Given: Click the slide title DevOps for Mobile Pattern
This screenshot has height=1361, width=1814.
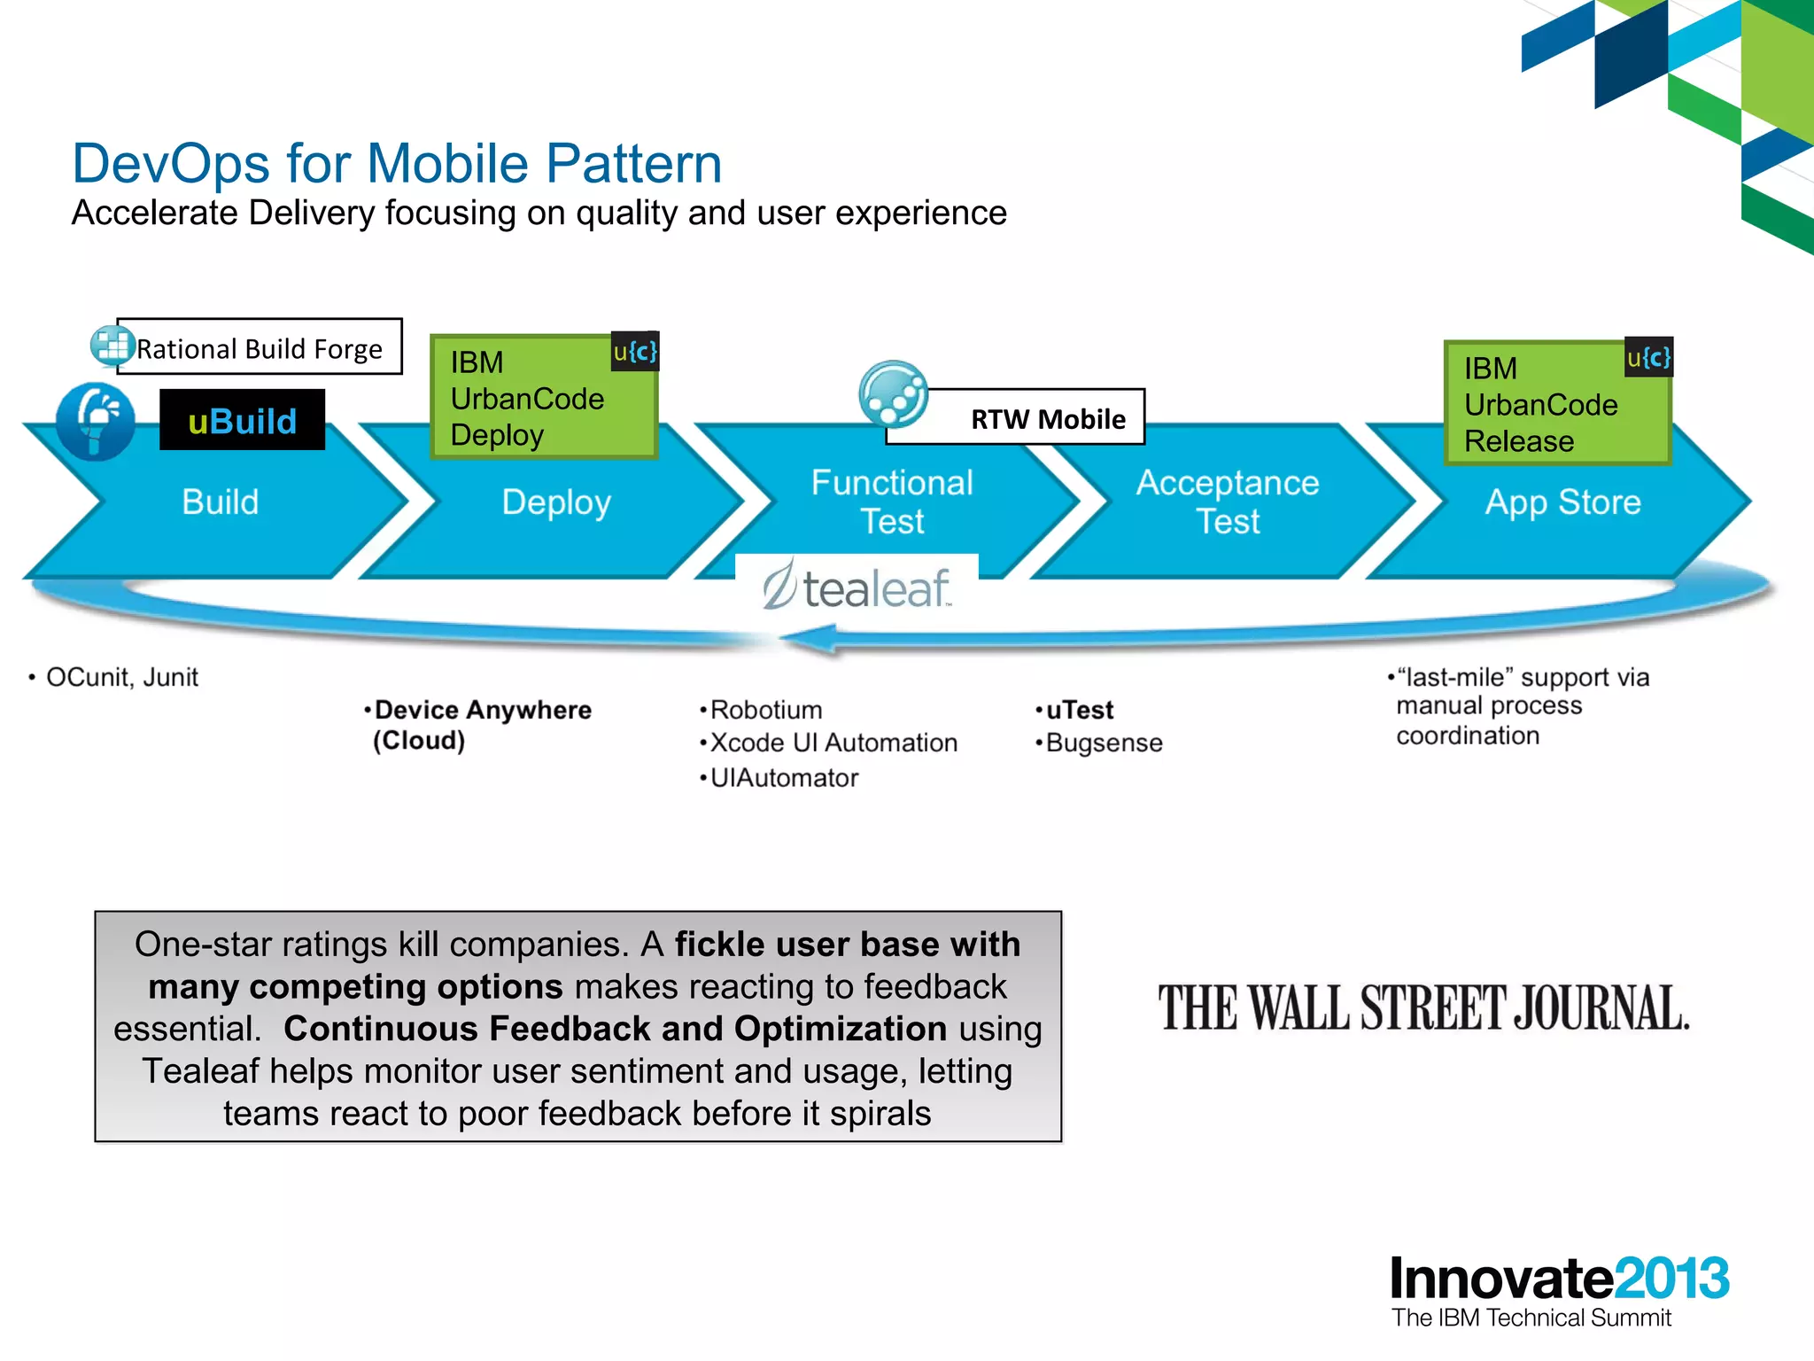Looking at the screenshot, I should (397, 164).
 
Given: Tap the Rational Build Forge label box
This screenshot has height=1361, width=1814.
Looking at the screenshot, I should (259, 347).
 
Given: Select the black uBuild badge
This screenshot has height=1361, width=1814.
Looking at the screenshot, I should (242, 420).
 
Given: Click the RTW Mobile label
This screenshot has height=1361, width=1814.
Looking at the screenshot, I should (1047, 419).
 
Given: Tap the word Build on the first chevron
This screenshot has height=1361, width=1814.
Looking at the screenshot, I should (220, 502).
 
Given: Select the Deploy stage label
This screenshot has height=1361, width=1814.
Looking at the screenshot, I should (556, 502).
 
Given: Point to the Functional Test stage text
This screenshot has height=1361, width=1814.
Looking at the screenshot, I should (892, 502).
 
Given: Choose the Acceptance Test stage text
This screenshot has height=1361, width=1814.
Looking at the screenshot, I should (1228, 502).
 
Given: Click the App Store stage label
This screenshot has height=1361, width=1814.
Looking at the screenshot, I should (1562, 502).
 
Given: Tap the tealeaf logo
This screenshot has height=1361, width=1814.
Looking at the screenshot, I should (857, 587).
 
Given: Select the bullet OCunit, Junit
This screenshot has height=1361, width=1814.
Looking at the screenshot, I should (121, 678).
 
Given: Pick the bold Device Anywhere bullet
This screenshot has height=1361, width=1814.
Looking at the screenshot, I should (482, 711).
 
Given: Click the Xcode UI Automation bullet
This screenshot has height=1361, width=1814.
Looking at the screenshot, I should (833, 743).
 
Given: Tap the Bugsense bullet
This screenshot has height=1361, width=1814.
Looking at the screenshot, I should (1103, 743).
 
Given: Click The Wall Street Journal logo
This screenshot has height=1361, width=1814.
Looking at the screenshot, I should (1423, 1008).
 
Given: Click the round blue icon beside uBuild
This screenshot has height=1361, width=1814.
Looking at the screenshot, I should (96, 422).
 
